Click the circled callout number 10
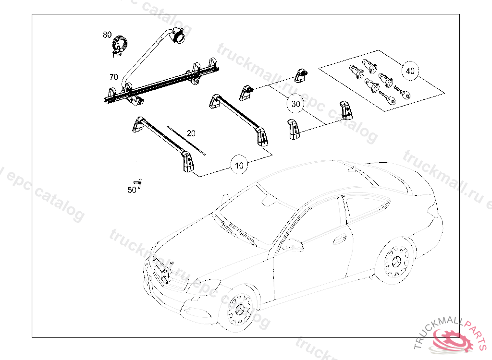tap(239, 165)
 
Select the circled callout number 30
tap(295, 104)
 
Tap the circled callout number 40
tap(410, 71)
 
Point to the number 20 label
tap(191, 133)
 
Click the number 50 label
tap(132, 190)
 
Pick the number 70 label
tap(113, 77)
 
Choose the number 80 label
tap(107, 35)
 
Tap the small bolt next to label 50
tap(140, 183)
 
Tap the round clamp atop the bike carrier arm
tap(179, 36)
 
